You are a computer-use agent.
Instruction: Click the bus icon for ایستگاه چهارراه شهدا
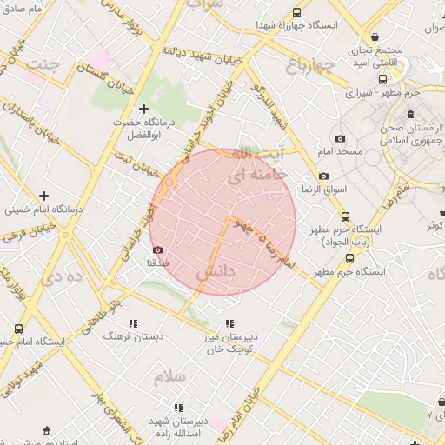pyautogui.click(x=297, y=13)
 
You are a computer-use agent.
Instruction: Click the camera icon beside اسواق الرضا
pyautogui.click(x=323, y=176)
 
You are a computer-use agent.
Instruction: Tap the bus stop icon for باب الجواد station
pyautogui.click(x=345, y=216)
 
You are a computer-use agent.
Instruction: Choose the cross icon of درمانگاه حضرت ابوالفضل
pyautogui.click(x=144, y=108)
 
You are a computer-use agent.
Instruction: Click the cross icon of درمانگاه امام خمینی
pyautogui.click(x=43, y=195)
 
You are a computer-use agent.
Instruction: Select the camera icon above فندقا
pyautogui.click(x=157, y=249)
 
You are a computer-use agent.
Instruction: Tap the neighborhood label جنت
pyautogui.click(x=43, y=64)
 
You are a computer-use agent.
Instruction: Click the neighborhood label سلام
pyautogui.click(x=170, y=376)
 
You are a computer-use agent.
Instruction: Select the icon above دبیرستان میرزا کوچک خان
pyautogui.click(x=256, y=322)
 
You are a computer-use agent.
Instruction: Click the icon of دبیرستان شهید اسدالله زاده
pyautogui.click(x=178, y=408)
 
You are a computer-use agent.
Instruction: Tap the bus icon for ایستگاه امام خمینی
pyautogui.click(x=19, y=329)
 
